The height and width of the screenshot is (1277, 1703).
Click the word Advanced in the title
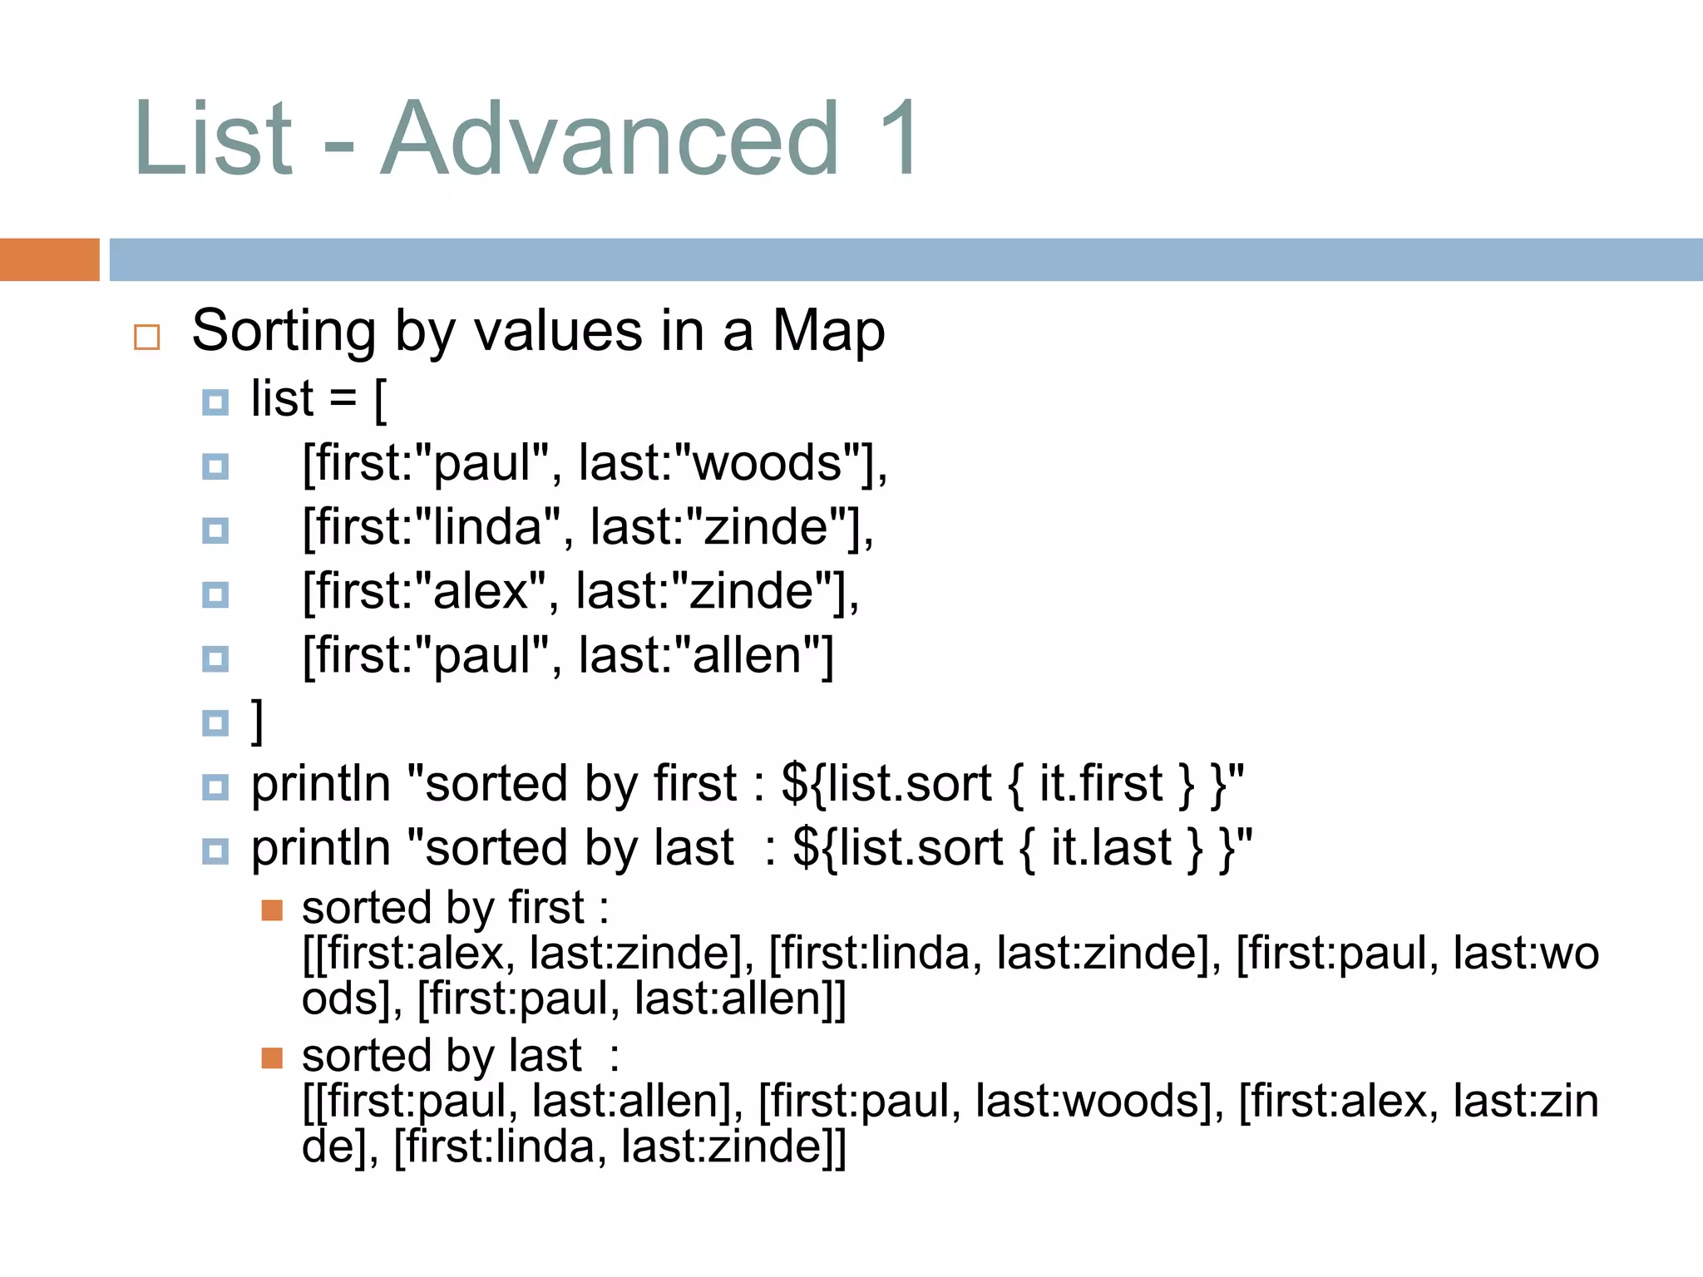click(x=610, y=138)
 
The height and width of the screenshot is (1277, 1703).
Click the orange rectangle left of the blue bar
click(x=49, y=259)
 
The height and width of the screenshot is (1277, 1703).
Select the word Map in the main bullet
click(x=828, y=332)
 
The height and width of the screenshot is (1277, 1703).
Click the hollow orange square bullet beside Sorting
click(x=146, y=337)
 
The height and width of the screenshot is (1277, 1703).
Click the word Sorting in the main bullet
click(x=283, y=332)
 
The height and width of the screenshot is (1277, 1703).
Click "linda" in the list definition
click(x=487, y=527)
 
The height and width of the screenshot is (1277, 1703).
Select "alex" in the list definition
click(x=481, y=591)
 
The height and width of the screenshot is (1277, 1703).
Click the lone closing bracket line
click(x=258, y=721)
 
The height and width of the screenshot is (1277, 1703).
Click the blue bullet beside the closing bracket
click(x=215, y=722)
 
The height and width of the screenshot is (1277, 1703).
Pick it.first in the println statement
click(x=1100, y=784)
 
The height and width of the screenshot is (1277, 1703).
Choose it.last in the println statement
click(x=1111, y=848)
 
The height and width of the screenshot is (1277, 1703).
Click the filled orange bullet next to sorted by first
click(x=272, y=910)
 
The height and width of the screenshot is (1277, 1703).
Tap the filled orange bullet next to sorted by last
click(x=272, y=1058)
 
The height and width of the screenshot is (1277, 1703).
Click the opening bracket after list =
click(x=380, y=400)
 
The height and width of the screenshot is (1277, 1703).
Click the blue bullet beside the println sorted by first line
click(x=215, y=786)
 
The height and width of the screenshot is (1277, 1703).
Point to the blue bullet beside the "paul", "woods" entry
click(x=215, y=466)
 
